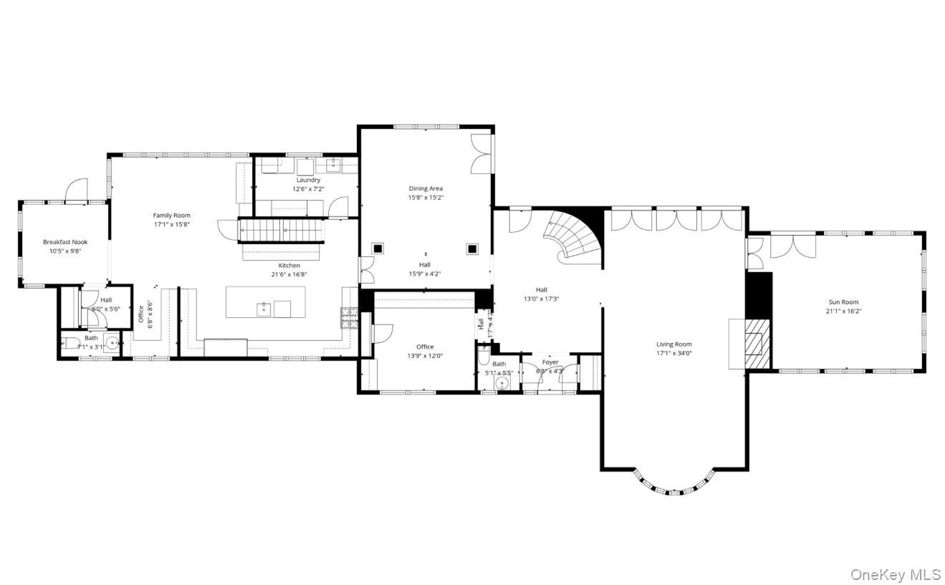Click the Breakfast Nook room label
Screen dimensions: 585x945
pos(64,242)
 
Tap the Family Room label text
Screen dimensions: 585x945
pos(171,215)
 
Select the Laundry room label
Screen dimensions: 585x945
pos(308,180)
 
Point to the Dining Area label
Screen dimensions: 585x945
pos(426,188)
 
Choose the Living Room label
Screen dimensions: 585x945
pos(673,344)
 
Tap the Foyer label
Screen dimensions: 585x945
pos(550,362)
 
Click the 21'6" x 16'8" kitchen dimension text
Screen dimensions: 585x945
pos(289,274)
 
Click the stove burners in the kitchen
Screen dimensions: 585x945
pos(349,318)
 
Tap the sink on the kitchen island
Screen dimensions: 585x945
pos(264,309)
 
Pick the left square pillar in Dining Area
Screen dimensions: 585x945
pos(378,248)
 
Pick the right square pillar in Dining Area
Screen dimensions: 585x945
pos(472,248)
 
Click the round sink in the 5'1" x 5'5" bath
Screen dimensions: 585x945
pos(502,383)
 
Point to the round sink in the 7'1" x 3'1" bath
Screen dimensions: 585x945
pos(112,341)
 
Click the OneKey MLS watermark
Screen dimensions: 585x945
pos(895,574)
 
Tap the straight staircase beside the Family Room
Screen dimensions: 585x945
pos(281,231)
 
